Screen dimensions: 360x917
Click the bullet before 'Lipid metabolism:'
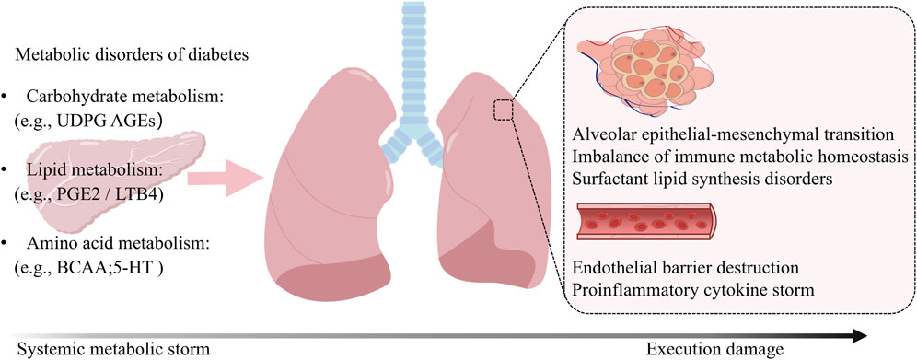6,168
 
